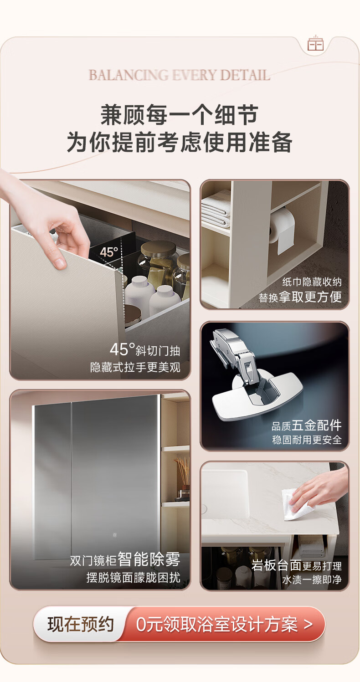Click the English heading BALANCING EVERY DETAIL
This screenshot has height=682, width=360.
click(179, 75)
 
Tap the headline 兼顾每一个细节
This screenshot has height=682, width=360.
click(180, 115)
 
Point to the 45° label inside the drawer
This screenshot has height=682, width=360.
click(109, 252)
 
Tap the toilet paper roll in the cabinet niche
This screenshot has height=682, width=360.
click(282, 230)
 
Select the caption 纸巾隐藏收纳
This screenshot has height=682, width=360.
click(312, 282)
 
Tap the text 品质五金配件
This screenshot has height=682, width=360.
click(306, 426)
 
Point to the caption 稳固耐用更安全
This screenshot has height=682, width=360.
click(307, 440)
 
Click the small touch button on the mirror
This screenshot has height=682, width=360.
click(115, 535)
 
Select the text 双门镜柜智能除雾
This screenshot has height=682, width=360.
click(125, 559)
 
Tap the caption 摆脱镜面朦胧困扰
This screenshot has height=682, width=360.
click(134, 577)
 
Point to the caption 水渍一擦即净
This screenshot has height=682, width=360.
click(312, 579)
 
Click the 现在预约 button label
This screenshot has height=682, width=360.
click(80, 625)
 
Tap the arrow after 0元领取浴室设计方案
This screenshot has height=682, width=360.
click(308, 625)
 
